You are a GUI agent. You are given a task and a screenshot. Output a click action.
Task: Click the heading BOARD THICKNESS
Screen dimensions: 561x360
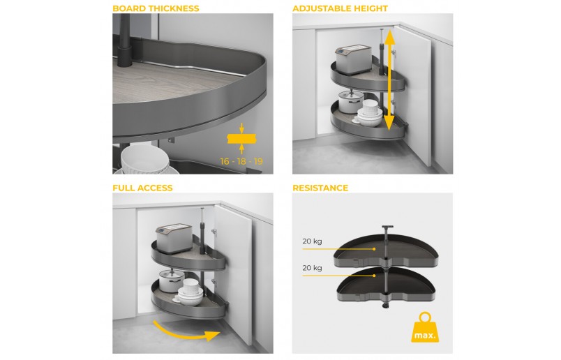click(x=156, y=8)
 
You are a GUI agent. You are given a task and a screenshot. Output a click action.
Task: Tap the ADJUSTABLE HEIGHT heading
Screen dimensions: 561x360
click(x=340, y=8)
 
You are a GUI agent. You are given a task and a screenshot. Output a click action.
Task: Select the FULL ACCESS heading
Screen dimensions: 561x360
click(x=142, y=188)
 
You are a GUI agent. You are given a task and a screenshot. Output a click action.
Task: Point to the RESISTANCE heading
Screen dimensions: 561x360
click(x=320, y=188)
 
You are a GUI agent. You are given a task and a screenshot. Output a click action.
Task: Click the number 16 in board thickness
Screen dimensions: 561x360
click(x=225, y=161)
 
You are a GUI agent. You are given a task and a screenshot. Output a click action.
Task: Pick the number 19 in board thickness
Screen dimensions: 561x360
click(x=258, y=161)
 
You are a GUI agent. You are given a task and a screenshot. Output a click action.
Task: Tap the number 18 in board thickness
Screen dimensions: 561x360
click(x=241, y=161)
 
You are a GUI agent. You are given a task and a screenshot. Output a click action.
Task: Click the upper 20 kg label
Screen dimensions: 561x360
click(x=312, y=241)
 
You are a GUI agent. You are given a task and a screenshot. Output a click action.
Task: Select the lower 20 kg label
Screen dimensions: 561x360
click(x=312, y=268)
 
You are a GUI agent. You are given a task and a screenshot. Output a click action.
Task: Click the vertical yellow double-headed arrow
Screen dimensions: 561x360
click(x=389, y=80)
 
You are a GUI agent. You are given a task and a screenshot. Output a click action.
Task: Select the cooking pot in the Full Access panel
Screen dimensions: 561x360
click(x=171, y=280)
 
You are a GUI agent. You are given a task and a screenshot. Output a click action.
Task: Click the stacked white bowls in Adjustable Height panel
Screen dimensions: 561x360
click(x=369, y=113)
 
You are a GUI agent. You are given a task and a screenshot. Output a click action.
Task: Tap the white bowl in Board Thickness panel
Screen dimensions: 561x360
click(x=145, y=159)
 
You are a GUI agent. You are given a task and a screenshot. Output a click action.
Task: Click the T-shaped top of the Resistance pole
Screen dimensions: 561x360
click(x=387, y=227)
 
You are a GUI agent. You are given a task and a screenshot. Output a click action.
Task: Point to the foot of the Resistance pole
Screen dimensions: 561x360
click(x=386, y=306)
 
